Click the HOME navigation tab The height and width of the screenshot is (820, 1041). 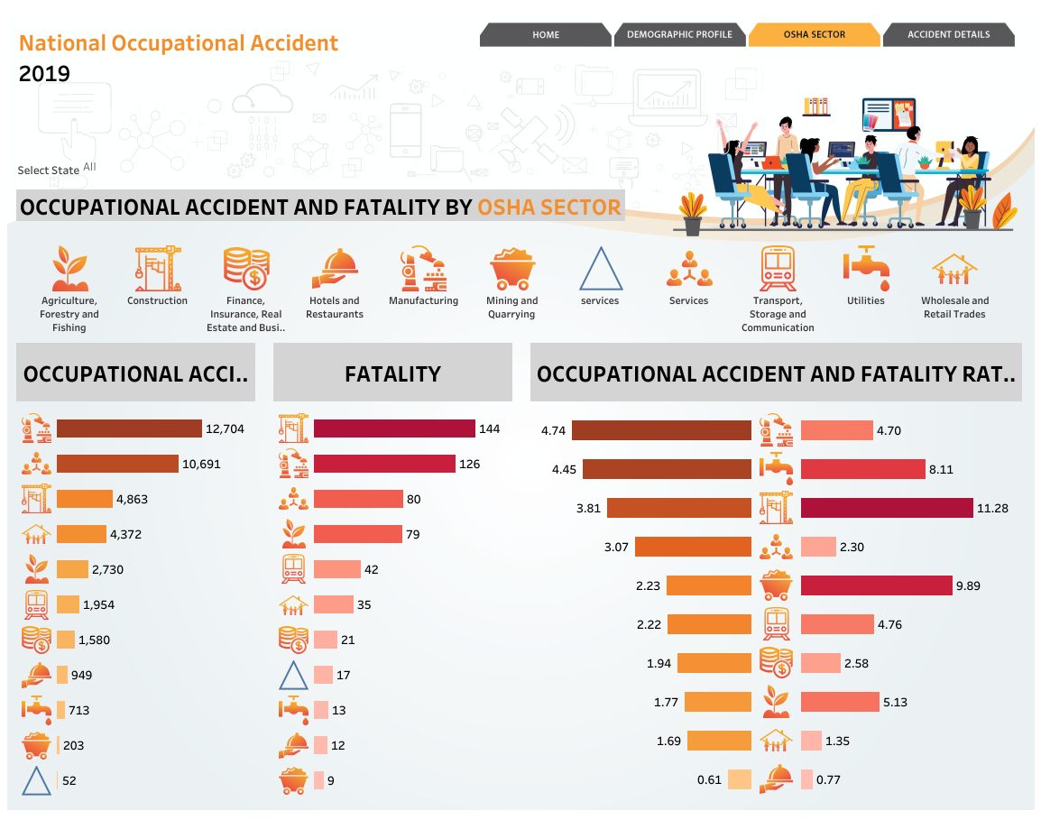click(x=545, y=34)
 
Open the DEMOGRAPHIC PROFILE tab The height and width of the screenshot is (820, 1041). click(x=679, y=34)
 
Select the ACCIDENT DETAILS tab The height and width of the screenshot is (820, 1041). click(x=949, y=34)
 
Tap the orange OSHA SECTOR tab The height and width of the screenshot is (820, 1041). click(x=814, y=34)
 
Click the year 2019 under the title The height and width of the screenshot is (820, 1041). click(x=44, y=74)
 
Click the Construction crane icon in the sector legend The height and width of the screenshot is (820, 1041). click(x=157, y=269)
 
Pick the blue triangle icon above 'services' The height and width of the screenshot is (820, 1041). click(x=601, y=269)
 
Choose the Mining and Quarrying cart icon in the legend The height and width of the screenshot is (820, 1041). click(x=511, y=269)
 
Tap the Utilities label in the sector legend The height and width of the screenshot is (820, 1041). click(x=866, y=300)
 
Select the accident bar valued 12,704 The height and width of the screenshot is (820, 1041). click(x=130, y=428)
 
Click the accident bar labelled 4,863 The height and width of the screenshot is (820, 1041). click(x=85, y=499)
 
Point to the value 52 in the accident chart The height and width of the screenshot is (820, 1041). click(x=69, y=781)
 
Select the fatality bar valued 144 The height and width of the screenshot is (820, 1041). click(x=394, y=428)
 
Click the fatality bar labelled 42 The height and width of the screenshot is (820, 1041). click(x=337, y=570)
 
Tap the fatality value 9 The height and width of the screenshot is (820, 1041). click(x=331, y=781)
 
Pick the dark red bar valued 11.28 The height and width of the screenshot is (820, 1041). click(x=887, y=508)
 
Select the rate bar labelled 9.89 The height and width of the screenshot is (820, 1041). click(x=876, y=585)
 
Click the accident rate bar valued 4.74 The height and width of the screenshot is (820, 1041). click(x=661, y=430)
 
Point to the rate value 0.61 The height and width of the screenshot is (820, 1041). click(x=709, y=779)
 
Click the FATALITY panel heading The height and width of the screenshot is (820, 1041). click(x=393, y=373)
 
